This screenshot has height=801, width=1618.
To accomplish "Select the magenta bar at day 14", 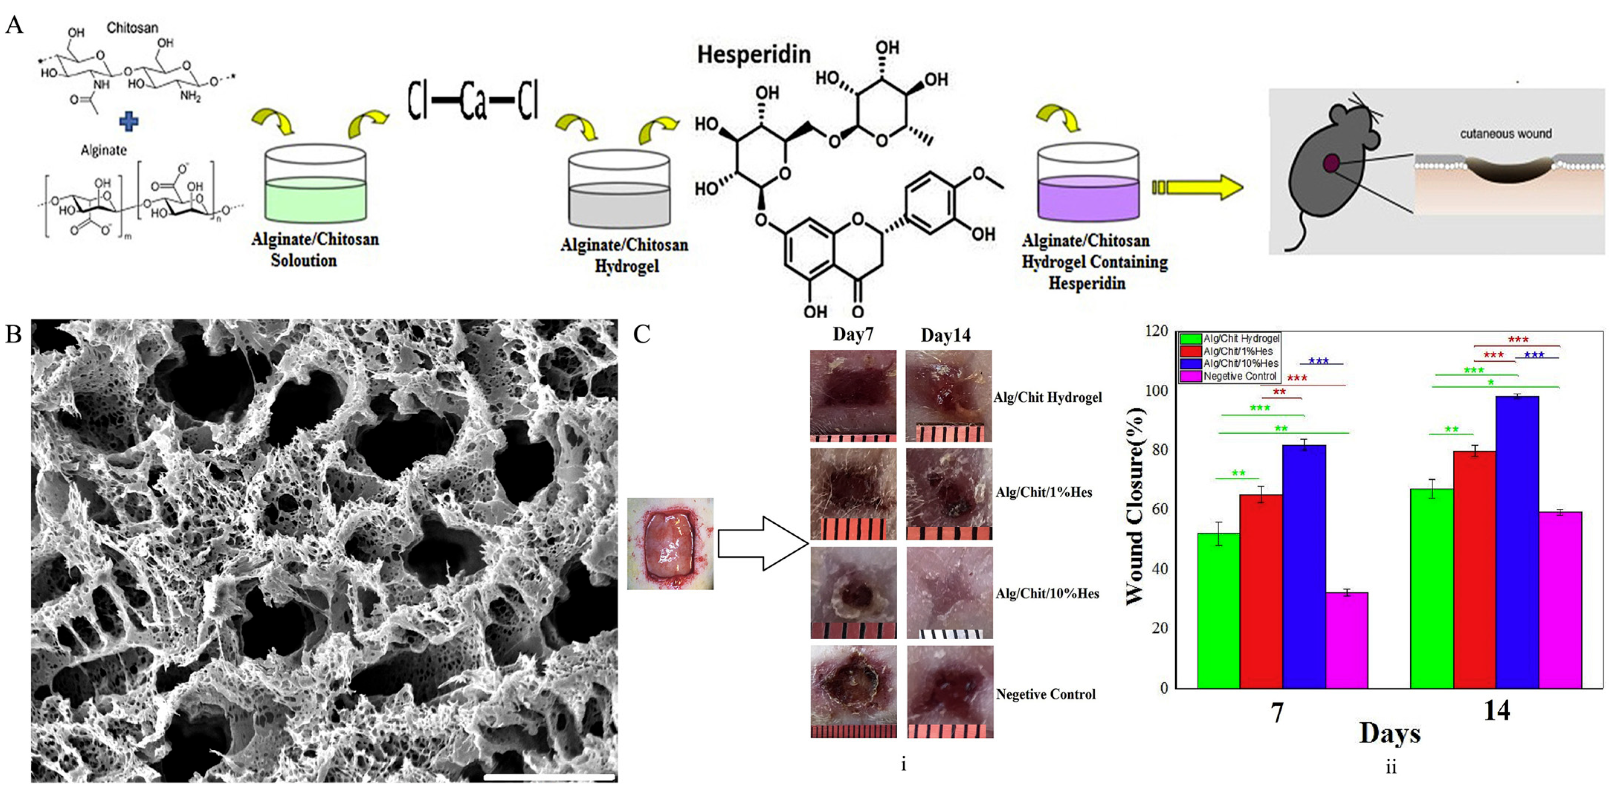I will (1560, 600).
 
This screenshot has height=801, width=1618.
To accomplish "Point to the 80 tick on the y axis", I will (1160, 450).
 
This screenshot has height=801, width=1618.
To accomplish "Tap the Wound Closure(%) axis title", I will (1135, 506).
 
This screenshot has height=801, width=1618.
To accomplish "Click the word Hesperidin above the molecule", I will (754, 55).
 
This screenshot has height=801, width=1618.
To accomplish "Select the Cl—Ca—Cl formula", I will (473, 100).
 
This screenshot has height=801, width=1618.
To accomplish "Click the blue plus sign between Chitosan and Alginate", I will (129, 121).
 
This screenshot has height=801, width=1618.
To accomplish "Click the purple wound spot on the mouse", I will (1331, 163).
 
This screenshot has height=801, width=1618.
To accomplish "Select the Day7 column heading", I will (852, 334).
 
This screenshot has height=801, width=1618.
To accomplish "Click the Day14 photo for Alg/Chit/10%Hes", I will (949, 592).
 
